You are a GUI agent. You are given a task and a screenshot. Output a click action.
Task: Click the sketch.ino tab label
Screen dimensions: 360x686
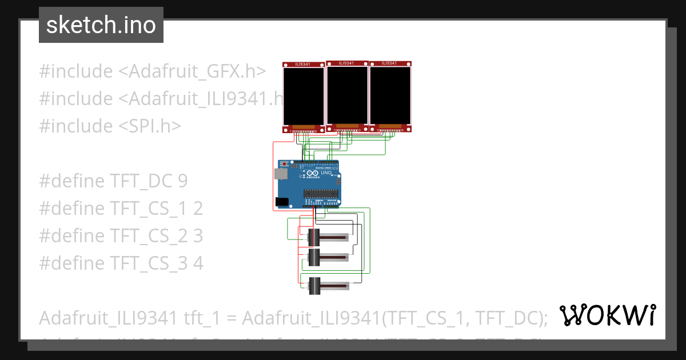point(101,25)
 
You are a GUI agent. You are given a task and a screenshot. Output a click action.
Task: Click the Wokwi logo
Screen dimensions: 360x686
point(607,315)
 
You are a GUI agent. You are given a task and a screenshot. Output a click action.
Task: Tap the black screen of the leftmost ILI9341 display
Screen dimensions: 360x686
point(304,95)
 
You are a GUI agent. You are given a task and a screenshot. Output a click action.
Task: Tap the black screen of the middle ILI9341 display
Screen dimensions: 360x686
point(347,94)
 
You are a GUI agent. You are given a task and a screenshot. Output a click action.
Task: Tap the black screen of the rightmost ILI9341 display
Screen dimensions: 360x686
point(390,95)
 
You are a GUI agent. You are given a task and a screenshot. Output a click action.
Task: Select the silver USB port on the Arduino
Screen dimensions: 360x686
point(281,174)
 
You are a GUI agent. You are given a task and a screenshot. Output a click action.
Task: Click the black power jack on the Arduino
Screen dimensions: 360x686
point(281,201)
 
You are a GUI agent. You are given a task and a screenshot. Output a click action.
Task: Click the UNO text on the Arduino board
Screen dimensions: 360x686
point(326,173)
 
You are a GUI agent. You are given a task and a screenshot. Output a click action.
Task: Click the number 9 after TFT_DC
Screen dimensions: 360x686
point(182,181)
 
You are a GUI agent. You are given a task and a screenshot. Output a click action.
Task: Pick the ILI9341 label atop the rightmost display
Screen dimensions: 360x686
point(389,63)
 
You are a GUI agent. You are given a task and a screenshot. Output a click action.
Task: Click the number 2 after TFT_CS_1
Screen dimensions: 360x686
point(198,209)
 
